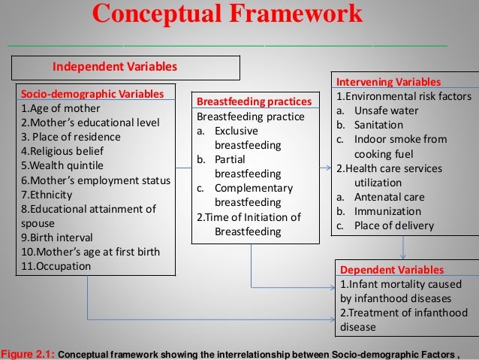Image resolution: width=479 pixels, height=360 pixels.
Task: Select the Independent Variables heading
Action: click(113, 67)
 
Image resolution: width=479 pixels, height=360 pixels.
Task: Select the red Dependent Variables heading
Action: click(392, 269)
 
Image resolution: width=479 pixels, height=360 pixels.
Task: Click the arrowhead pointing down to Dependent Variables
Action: click(405, 256)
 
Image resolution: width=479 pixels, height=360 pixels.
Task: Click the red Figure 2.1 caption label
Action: click(28, 354)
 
